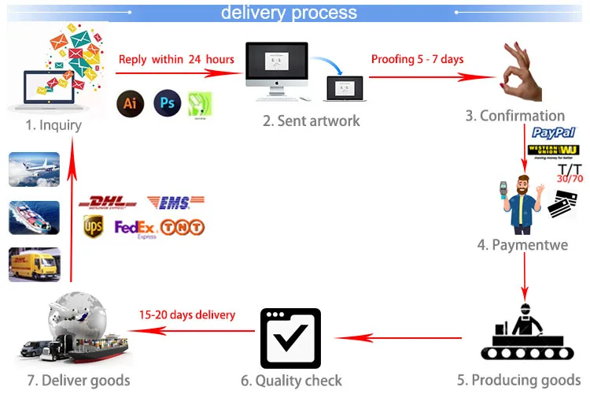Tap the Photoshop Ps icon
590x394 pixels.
167,103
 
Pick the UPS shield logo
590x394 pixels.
93,227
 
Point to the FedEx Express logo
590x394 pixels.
135,229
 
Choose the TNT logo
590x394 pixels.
182,228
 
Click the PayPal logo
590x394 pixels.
554,133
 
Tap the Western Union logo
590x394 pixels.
554,151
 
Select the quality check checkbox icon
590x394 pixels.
290,339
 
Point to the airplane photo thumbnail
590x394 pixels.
34,169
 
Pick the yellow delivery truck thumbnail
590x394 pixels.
34,264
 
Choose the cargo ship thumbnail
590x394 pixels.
34,217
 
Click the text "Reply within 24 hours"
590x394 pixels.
176,60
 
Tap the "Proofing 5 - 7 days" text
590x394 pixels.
418,60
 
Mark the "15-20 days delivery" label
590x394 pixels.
187,314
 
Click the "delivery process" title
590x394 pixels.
289,13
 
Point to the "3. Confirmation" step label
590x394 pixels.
515,116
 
